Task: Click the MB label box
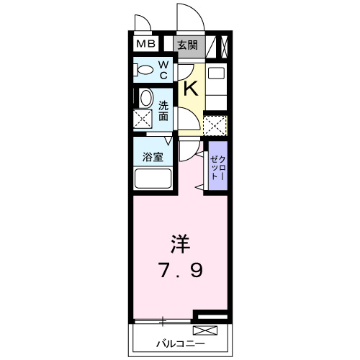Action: [147, 45]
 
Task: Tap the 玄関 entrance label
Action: [188, 45]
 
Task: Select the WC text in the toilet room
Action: [163, 70]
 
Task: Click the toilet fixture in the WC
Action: [145, 71]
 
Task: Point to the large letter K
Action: [191, 88]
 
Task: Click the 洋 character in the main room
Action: [180, 243]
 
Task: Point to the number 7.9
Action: [180, 271]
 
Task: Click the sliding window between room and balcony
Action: [164, 318]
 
